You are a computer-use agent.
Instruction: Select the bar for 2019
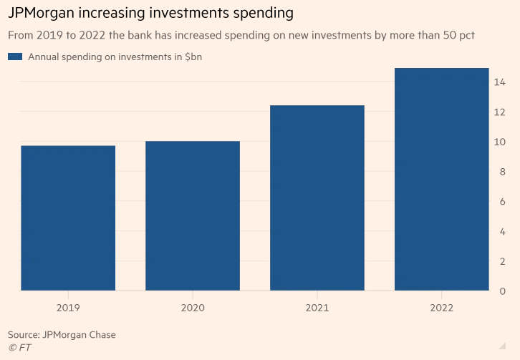point(68,218)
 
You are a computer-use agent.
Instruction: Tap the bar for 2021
point(317,198)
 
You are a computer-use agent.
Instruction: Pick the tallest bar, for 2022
point(442,179)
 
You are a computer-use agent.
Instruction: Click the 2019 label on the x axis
point(68,308)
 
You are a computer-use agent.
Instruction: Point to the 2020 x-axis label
point(193,308)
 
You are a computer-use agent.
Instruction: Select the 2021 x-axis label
point(317,308)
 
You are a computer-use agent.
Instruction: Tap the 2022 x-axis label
point(442,308)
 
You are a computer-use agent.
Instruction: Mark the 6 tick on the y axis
point(502,202)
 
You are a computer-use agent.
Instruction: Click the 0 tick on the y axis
point(502,291)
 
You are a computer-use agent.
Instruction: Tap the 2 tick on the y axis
point(502,261)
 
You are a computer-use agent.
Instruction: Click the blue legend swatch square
point(15,57)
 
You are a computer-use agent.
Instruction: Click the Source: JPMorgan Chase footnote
point(62,334)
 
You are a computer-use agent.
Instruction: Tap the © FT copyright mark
point(19,348)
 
